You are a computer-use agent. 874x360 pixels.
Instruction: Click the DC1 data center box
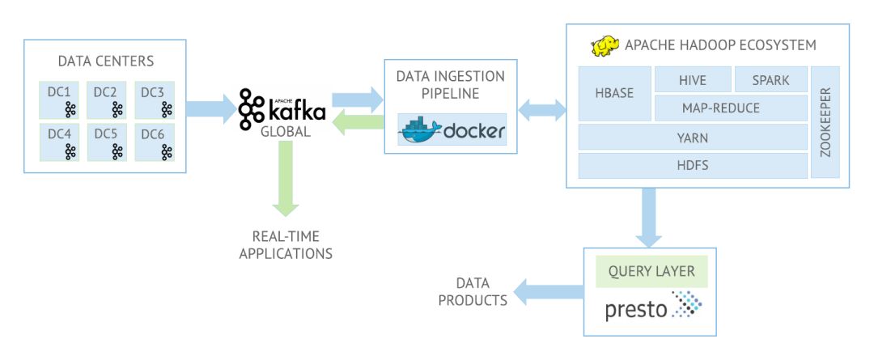coord(59,100)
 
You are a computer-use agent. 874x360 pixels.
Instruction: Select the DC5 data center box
coord(107,142)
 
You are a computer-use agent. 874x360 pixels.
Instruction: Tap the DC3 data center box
coord(155,100)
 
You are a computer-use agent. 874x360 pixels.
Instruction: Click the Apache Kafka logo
coord(282,109)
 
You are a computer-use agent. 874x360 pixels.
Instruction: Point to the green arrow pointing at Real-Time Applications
coord(285,178)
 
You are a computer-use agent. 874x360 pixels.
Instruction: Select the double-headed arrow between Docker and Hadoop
coord(541,109)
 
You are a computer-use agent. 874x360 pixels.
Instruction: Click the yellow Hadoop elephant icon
coord(605,46)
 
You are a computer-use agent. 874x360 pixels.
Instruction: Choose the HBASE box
coord(615,94)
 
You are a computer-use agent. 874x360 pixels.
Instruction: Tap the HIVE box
coord(693,80)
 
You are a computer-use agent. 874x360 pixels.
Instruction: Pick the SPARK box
coord(771,80)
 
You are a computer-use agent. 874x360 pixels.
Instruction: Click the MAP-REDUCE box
coord(731,108)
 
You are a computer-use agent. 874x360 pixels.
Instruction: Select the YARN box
coord(693,137)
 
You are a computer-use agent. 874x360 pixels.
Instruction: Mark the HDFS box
coord(693,166)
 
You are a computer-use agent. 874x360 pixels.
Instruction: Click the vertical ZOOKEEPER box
coord(825,123)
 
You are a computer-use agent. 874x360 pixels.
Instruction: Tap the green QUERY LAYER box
coord(651,271)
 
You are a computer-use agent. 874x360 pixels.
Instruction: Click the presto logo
coord(653,306)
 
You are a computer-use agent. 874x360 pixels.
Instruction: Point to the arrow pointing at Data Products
coord(549,292)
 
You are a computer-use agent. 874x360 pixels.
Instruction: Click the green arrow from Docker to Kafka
coord(358,123)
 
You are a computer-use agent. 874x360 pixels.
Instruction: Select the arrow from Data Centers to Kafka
coord(211,109)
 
